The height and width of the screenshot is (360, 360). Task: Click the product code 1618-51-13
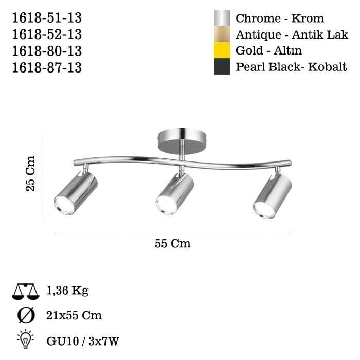46,19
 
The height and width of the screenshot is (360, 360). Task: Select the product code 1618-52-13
46,35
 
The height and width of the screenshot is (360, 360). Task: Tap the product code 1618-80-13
46,51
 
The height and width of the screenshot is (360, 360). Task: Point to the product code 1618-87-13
46,67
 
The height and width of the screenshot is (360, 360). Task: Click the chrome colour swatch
222,19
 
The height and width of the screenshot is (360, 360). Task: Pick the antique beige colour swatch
222,34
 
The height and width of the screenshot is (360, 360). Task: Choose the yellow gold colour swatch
222,50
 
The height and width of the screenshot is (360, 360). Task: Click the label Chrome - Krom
280,19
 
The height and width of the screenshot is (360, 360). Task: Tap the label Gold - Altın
268,51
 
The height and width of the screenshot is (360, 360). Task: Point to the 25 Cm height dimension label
30,173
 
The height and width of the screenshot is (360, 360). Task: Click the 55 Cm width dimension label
173,243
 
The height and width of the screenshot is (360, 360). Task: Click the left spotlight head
76,193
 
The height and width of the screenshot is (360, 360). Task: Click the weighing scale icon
25,292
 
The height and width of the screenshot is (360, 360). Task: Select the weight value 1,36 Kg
67,291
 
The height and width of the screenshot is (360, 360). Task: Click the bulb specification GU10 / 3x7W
83,340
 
